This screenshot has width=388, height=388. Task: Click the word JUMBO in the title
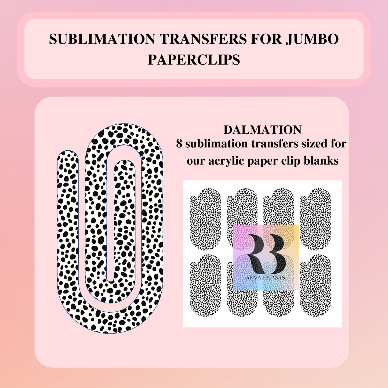(312, 39)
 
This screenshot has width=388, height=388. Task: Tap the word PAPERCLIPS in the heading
(194, 60)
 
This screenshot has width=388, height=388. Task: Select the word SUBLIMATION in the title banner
(102, 39)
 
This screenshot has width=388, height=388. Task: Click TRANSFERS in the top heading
(203, 39)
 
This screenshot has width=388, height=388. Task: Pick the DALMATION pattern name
(262, 130)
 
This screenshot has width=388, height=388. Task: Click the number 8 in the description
(179, 144)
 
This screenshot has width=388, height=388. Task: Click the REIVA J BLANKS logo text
(266, 278)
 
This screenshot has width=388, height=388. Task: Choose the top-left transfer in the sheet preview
(205, 219)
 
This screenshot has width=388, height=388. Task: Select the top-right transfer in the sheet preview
(316, 219)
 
